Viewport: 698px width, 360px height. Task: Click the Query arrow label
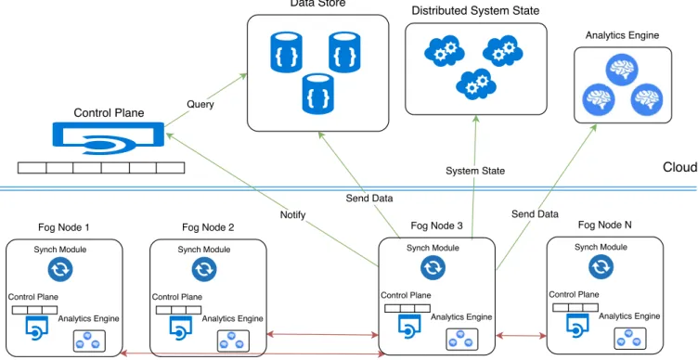click(x=200, y=105)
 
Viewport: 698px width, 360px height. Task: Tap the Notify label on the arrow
click(x=293, y=215)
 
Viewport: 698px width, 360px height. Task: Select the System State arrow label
click(x=475, y=171)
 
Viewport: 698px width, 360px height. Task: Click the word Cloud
click(x=680, y=167)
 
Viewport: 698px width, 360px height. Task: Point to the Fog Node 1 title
click(x=64, y=227)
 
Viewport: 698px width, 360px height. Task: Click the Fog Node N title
click(x=604, y=225)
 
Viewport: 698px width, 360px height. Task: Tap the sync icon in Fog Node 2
click(x=204, y=269)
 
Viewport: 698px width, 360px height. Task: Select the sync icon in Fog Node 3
click(x=433, y=267)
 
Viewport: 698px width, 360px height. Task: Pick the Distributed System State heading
click(x=475, y=11)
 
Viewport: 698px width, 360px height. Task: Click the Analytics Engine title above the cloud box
click(x=622, y=35)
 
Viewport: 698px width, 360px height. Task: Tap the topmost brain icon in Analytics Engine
click(x=622, y=70)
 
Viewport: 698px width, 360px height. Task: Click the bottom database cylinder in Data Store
click(x=317, y=94)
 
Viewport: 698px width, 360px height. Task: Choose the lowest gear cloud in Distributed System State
click(x=476, y=84)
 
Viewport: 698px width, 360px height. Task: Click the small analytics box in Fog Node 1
click(x=89, y=341)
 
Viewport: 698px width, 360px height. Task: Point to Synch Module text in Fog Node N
click(x=601, y=247)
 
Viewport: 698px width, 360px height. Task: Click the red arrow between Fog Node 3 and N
click(x=522, y=336)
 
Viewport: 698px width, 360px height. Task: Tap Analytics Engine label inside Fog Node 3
click(x=461, y=316)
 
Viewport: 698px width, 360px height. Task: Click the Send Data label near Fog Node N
click(x=535, y=214)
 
